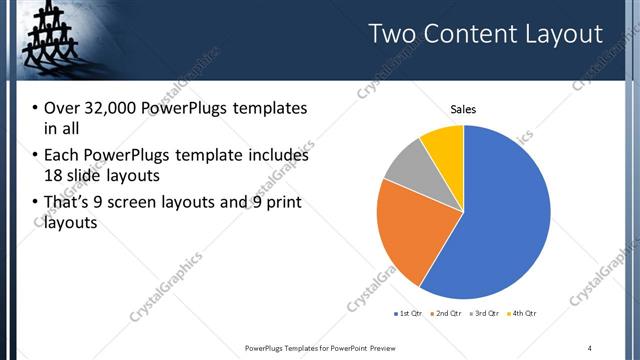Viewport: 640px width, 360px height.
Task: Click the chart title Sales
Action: (463, 109)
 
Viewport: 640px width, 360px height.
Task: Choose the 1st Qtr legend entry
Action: (410, 314)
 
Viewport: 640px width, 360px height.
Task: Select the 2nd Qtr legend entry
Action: (446, 314)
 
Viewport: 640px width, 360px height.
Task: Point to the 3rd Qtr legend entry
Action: (484, 314)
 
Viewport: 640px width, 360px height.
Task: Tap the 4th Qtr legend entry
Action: (522, 314)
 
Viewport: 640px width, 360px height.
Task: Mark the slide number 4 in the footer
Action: (590, 347)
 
